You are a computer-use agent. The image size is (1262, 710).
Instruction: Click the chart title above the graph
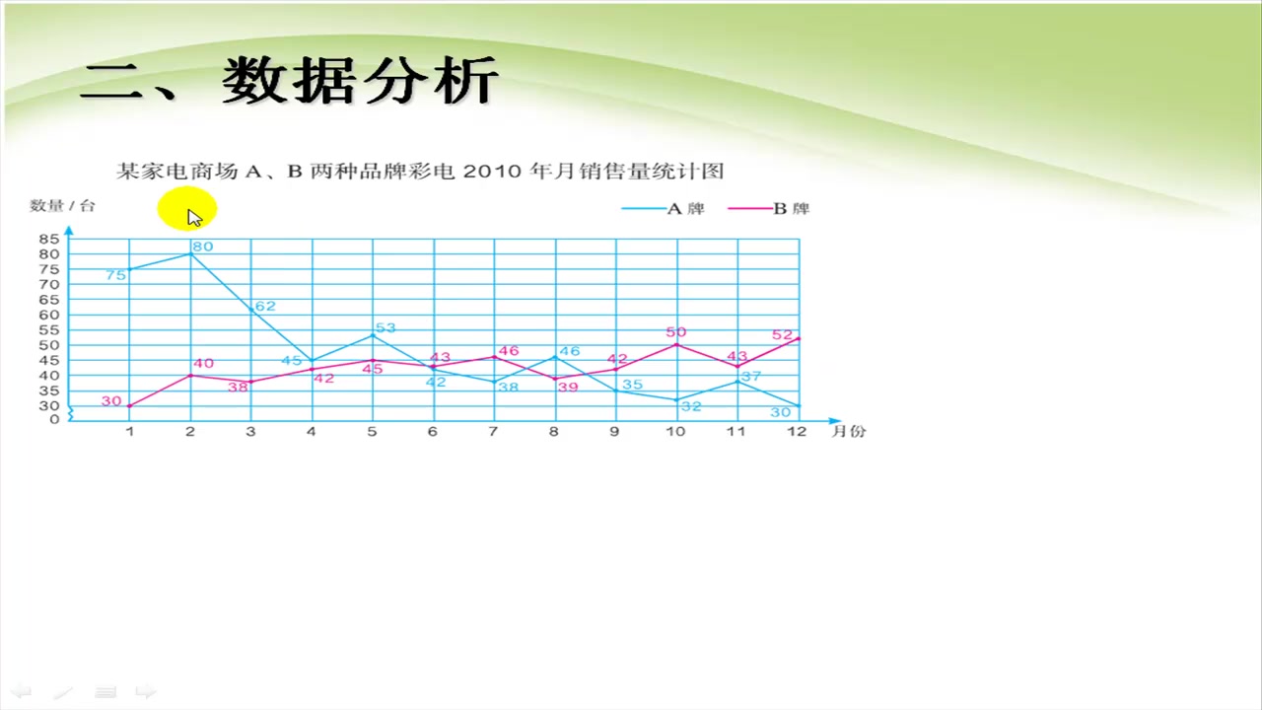(421, 172)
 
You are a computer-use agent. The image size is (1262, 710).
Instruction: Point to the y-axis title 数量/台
(63, 205)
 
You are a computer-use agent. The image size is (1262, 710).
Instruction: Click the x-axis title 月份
(848, 431)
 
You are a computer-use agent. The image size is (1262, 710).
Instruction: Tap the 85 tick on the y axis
(49, 239)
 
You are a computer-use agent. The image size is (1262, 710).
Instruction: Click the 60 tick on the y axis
(49, 315)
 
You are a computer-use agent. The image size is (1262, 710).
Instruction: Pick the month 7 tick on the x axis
(493, 431)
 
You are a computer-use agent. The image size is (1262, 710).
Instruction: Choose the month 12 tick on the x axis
(796, 431)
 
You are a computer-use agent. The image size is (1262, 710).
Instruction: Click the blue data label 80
(202, 247)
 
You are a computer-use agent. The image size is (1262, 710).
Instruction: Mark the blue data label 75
(115, 275)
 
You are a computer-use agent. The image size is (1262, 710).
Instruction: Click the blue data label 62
(265, 307)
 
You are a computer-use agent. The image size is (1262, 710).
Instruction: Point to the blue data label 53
(385, 327)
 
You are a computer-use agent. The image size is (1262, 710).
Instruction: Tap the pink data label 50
(675, 332)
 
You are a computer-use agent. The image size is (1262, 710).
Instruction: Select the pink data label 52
(783, 335)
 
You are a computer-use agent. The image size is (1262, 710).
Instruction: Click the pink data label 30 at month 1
(110, 401)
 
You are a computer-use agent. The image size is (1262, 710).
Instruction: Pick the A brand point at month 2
(190, 254)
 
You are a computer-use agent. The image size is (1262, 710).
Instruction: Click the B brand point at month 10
(675, 345)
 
